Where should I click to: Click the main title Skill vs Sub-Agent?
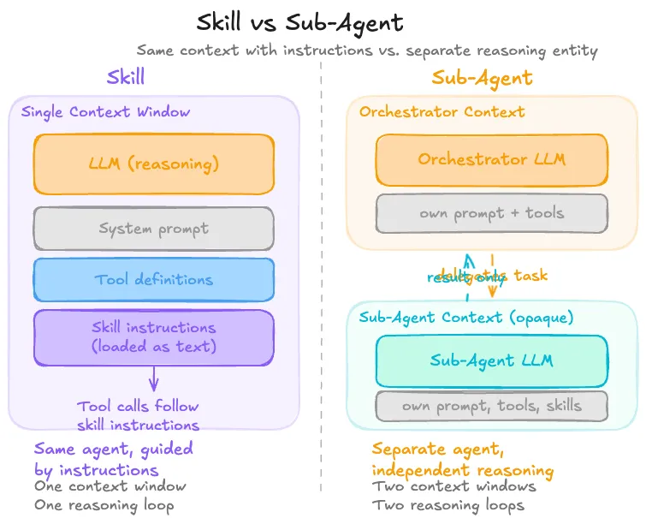299,21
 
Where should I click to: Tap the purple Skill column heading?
125,77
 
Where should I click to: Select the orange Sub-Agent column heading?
482,79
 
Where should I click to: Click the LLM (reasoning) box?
154,164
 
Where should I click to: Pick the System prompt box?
154,229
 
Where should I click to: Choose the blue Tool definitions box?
154,279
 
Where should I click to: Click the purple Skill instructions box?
154,336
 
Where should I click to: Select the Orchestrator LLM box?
491,159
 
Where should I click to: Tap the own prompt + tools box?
491,213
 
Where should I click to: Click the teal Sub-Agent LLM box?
491,360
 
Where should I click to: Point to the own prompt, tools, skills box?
491,406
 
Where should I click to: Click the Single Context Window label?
105,112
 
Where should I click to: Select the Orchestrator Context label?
442,112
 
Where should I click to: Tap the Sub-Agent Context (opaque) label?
466,317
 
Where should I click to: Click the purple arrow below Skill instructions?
154,378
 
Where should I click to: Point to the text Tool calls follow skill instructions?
138,415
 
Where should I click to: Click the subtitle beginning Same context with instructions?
367,51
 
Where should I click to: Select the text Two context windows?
453,486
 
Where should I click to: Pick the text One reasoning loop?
104,505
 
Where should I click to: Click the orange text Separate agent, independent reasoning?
462,460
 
